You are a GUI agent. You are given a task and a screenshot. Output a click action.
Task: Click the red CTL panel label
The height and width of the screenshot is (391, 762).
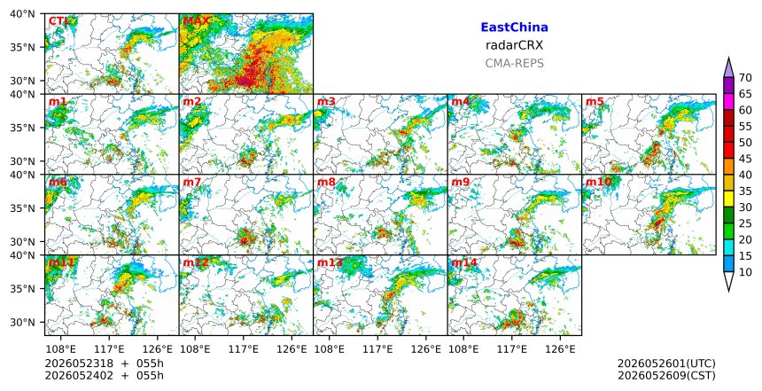pos(58,21)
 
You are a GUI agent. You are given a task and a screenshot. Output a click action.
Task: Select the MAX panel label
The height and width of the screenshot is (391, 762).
pos(196,21)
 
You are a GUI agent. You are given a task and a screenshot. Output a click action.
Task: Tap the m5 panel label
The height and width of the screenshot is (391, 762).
pos(595,102)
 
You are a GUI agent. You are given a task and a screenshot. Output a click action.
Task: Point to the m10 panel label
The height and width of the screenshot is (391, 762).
pos(598,182)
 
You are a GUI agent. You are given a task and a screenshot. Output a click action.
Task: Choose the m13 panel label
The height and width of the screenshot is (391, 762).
pos(330,262)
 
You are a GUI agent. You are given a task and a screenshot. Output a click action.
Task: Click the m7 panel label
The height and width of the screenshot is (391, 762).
pos(192,182)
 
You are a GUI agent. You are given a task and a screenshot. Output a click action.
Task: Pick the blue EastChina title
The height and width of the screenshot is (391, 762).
pos(514,27)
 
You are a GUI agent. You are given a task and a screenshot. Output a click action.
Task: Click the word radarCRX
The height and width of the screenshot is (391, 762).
pos(514,45)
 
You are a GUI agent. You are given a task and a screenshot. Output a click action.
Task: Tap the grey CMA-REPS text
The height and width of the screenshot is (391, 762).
pos(514,63)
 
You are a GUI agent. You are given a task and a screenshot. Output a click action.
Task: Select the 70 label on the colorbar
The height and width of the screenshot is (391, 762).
pos(745,78)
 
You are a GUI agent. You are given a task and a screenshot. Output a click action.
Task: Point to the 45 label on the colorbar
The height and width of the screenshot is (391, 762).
pos(745,159)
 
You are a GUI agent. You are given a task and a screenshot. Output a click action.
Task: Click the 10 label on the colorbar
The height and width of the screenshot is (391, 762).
pos(745,272)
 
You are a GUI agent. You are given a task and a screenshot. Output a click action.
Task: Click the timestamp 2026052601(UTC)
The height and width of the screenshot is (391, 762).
pos(666,364)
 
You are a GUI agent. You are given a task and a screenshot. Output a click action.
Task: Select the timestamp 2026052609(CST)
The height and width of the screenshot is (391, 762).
pos(666,376)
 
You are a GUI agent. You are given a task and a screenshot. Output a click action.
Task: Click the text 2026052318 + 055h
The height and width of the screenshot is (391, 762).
pos(104,364)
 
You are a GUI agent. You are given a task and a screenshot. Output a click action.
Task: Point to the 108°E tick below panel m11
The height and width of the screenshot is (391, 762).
pos(61,349)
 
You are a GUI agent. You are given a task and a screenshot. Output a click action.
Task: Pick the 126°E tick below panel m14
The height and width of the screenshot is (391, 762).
pos(560,349)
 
